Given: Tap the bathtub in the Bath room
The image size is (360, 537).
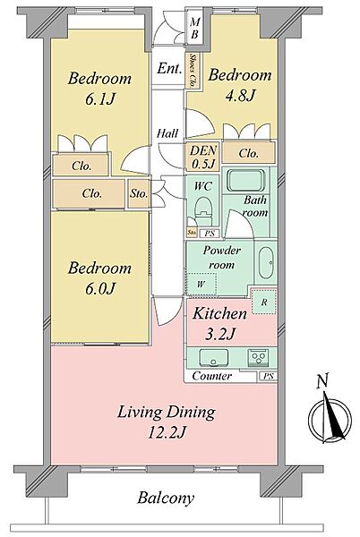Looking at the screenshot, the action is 245,181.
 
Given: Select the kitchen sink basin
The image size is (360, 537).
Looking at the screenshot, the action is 214,357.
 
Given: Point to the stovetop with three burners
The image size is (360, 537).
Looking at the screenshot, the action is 258,357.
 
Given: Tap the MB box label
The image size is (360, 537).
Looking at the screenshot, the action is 194,28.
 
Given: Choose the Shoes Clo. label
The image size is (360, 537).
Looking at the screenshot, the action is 193,70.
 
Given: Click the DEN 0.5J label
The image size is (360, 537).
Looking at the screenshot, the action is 203,157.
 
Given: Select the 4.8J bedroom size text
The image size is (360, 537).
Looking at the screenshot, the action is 240,96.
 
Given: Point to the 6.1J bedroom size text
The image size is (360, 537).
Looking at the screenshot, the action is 99,99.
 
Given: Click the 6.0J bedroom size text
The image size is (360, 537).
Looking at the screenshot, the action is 99,288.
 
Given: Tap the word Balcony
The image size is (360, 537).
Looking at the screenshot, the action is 166,498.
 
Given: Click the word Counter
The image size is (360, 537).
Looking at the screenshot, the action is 211,376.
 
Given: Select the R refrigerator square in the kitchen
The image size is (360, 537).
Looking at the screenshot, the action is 264,302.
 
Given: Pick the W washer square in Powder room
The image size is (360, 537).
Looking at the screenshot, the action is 201,284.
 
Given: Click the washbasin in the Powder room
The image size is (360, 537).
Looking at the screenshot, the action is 265,262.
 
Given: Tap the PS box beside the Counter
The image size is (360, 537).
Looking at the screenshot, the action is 269,377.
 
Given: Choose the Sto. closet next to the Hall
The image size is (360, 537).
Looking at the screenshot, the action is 139,193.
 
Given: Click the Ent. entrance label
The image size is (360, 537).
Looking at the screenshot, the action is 169,69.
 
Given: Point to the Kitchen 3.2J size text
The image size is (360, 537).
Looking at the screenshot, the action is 219,333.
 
